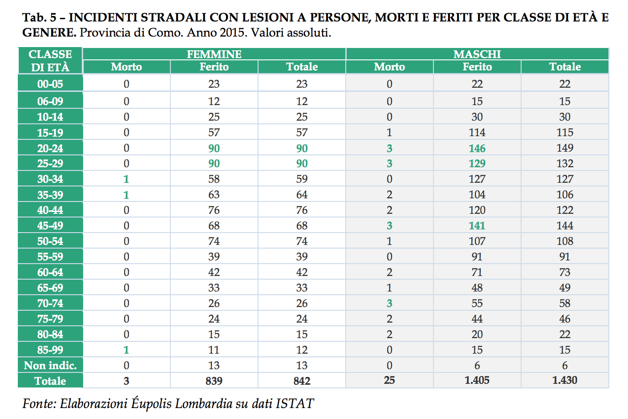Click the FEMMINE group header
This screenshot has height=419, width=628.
[214, 54]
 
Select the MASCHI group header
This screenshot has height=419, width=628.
[477, 54]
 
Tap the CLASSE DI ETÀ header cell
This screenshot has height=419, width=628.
[50, 61]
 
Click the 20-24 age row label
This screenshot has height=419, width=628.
[50, 148]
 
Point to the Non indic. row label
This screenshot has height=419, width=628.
[50, 366]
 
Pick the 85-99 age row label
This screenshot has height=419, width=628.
[50, 350]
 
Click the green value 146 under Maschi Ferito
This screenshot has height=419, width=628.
[477, 148]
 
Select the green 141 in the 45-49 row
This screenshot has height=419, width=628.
[477, 225]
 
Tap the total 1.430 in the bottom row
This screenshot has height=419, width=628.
[565, 380]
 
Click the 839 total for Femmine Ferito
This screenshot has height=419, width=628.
[214, 381]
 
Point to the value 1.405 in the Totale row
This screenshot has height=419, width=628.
[477, 380]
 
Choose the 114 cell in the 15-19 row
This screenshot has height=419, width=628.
[477, 133]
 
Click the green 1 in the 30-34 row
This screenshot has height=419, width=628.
[126, 179]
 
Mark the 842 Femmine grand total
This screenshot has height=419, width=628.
[302, 381]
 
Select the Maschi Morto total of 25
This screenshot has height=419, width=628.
[390, 380]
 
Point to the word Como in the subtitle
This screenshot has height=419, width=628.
[165, 33]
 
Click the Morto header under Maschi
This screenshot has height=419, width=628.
[390, 67]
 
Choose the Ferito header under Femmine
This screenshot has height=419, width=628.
[214, 67]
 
